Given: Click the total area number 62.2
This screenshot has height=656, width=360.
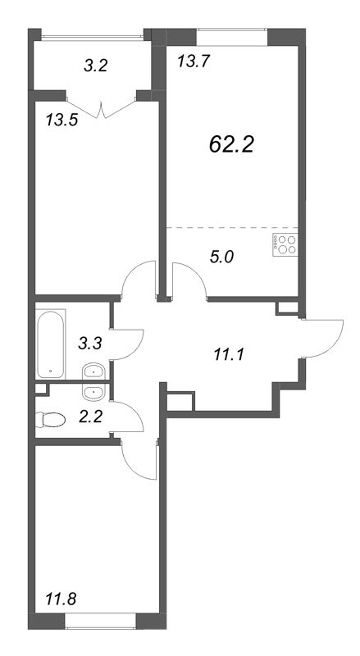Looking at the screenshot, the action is (x=231, y=145).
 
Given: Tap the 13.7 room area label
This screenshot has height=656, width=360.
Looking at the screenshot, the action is (x=193, y=62).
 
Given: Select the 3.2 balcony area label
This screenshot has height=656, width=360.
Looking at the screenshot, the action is (x=96, y=66).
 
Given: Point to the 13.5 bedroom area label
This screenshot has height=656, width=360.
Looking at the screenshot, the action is (x=62, y=121).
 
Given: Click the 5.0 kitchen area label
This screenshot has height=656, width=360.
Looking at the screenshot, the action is (x=222, y=257).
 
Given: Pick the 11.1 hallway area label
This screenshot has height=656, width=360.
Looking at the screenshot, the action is (x=229, y=356).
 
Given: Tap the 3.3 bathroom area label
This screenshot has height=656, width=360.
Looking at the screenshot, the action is (x=90, y=344).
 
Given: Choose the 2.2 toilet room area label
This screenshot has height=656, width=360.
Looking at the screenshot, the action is (x=90, y=417).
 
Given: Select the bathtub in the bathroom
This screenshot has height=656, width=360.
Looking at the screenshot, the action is (x=51, y=344).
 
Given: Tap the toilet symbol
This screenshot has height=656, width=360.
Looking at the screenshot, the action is (x=51, y=420).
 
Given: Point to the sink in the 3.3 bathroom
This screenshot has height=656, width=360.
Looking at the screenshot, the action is (x=93, y=371).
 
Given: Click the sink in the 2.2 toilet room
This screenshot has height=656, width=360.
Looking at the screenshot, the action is (x=93, y=392).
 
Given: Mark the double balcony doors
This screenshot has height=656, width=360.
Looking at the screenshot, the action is (x=101, y=108).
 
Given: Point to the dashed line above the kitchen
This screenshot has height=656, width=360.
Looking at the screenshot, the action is (x=232, y=227).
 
